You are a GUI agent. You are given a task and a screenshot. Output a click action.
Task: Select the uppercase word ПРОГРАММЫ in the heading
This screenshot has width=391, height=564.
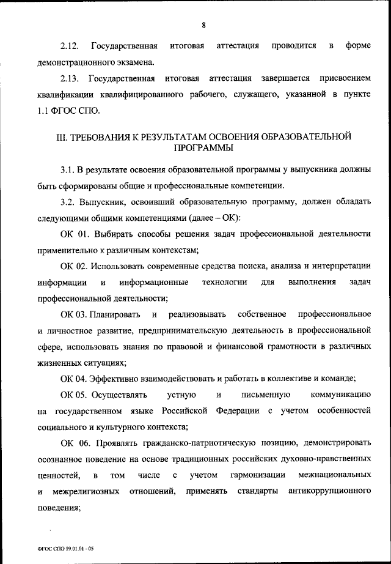[x=202, y=148]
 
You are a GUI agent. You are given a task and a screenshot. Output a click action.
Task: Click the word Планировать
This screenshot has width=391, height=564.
[x=114, y=314]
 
